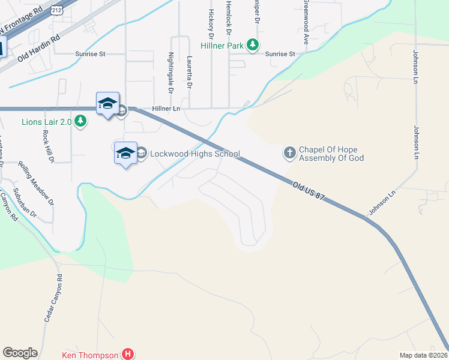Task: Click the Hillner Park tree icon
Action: point(253,43)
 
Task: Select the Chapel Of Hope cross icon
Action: point(289,153)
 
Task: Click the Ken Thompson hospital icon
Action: point(127,354)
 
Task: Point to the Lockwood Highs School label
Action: point(194,154)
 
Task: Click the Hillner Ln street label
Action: point(166,109)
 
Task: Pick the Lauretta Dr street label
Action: point(189,73)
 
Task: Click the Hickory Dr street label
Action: point(211,21)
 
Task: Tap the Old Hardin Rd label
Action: point(39,49)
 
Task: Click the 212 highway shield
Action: point(56,10)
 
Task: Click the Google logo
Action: point(20,353)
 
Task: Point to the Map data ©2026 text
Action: point(423,355)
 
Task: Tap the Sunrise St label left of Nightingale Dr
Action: point(90,53)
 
